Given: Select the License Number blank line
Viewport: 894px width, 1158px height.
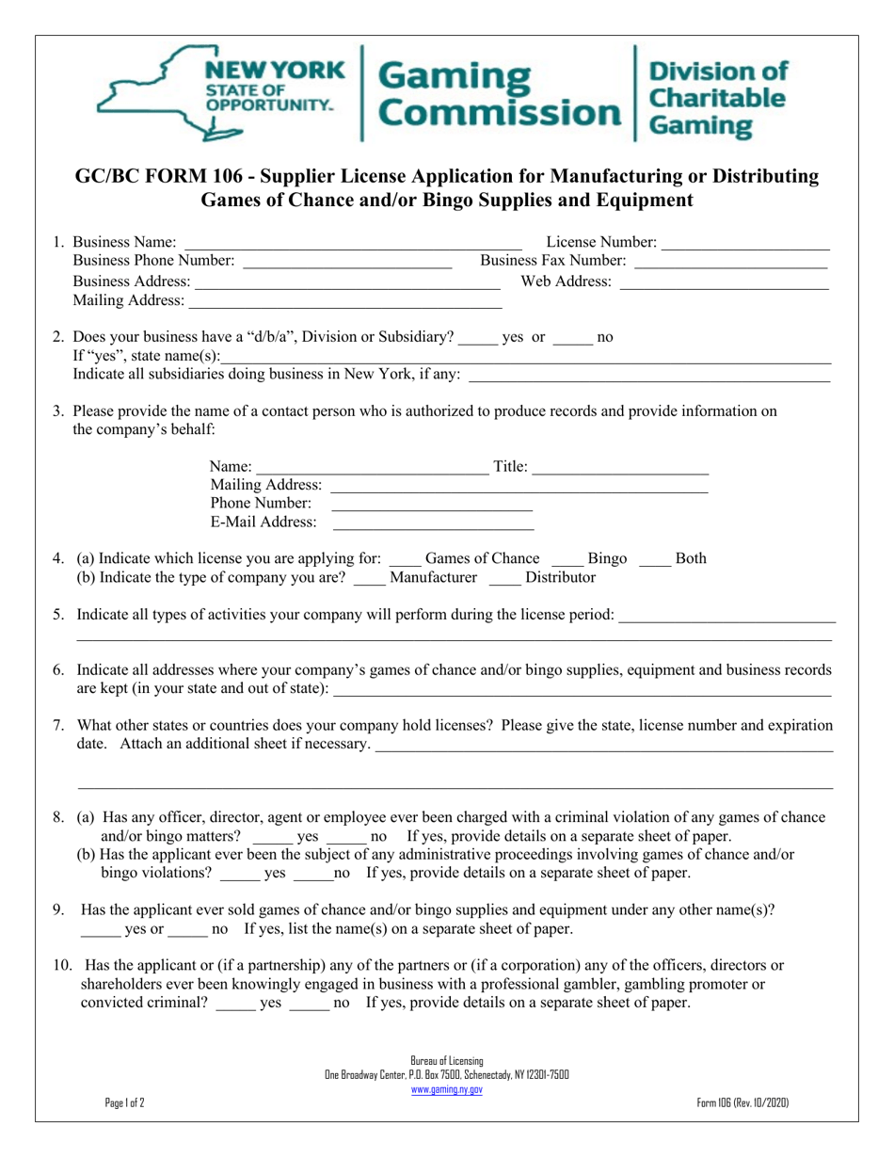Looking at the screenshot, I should pyautogui.click(x=746, y=244).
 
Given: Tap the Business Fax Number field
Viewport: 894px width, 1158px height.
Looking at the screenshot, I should pyautogui.click(x=731, y=261).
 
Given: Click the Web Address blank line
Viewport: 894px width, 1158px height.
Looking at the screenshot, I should pyautogui.click(x=724, y=281).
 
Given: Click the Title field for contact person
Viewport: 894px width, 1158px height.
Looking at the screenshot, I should pyautogui.click(x=620, y=466).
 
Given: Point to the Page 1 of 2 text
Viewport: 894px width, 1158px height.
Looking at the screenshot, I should pyautogui.click(x=125, y=1103).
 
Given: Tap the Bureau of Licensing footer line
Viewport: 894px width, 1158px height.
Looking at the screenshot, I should pyautogui.click(x=447, y=1060).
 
